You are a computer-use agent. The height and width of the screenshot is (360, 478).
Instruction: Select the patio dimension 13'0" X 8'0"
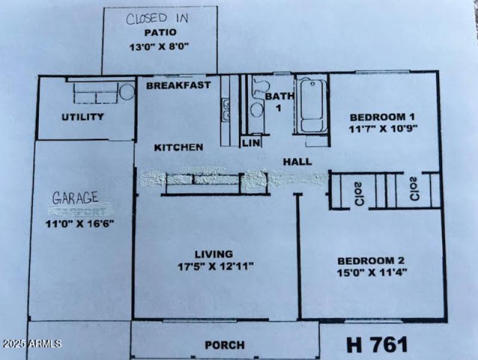click(160, 45)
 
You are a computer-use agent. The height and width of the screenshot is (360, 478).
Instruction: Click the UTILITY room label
click(82, 117)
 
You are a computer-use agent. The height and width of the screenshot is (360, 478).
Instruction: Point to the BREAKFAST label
click(178, 85)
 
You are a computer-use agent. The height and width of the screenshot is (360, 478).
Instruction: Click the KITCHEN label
click(179, 147)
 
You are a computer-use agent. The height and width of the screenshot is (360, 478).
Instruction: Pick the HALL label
click(297, 161)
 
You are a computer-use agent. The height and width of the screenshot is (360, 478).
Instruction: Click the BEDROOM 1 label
click(382, 117)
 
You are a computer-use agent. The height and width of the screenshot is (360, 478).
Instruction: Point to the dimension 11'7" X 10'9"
click(382, 128)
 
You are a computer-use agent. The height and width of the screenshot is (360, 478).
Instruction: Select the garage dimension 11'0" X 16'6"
click(79, 224)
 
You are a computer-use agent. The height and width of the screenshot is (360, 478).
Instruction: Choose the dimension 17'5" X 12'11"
click(215, 266)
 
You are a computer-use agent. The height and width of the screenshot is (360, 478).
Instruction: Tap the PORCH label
click(224, 345)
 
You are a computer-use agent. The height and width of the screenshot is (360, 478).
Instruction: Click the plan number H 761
click(378, 344)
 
